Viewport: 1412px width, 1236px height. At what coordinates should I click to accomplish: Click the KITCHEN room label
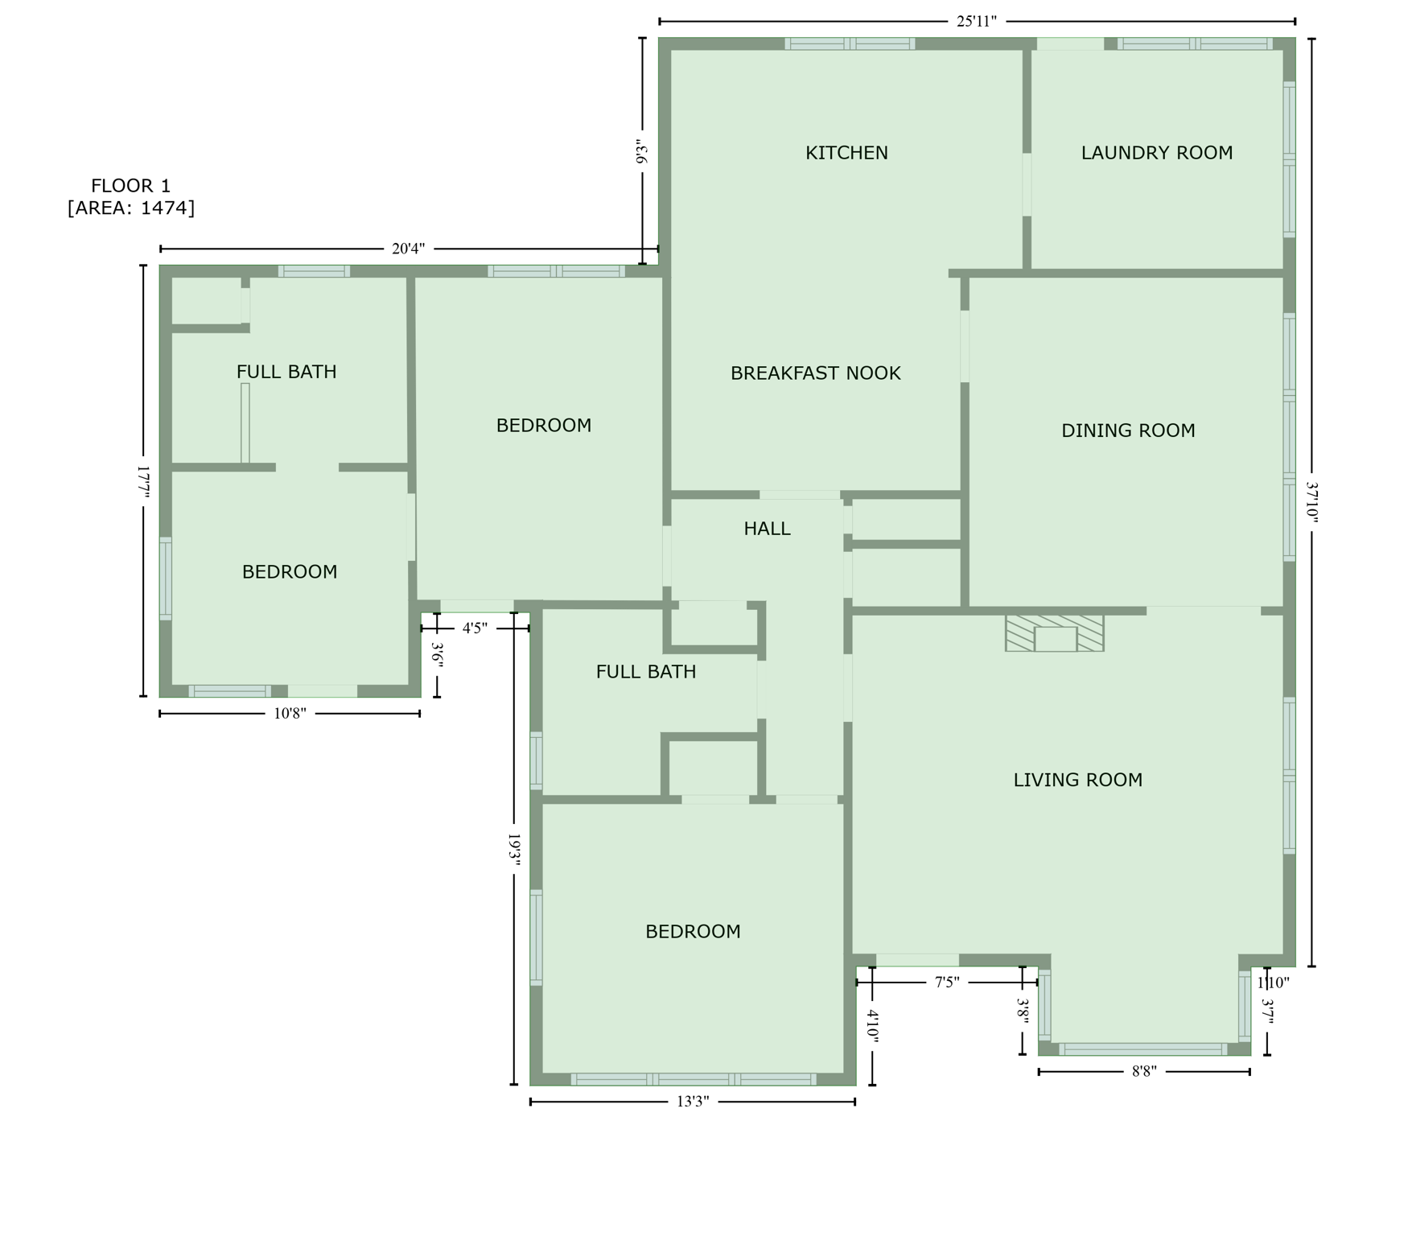[x=846, y=153]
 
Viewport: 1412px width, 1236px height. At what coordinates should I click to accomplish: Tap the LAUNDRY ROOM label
[x=1156, y=153]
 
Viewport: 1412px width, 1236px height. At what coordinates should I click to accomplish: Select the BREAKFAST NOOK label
[x=815, y=373]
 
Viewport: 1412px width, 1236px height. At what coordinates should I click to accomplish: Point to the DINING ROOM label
[x=1128, y=431]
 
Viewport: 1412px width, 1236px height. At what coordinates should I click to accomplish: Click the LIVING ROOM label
[x=1077, y=780]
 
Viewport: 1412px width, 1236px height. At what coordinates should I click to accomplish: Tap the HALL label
[x=767, y=529]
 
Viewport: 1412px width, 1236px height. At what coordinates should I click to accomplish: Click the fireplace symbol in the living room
[x=1054, y=633]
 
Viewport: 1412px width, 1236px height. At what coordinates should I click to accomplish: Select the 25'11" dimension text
[x=976, y=22]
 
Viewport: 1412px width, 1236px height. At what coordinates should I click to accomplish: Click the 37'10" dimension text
[x=1312, y=502]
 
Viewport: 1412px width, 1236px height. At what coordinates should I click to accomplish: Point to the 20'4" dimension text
[x=408, y=249]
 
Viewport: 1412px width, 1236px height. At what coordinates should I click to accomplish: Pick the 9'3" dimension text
[x=642, y=152]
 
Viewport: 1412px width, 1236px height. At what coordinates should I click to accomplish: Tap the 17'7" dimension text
[x=143, y=481]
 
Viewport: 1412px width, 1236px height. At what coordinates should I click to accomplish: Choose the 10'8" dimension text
[x=290, y=714]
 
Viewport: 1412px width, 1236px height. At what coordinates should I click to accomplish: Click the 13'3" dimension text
[x=692, y=1102]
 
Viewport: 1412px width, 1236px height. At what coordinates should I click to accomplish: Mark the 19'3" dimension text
[x=515, y=850]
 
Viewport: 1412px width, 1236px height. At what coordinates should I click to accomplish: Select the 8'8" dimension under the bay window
[x=1143, y=1072]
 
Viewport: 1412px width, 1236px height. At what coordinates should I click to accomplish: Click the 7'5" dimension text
[x=947, y=983]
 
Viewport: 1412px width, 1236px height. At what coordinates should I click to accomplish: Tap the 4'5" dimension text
[x=475, y=628]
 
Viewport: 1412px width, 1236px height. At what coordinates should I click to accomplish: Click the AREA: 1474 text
[x=131, y=208]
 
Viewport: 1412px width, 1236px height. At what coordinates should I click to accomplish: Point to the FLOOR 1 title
[x=130, y=186]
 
